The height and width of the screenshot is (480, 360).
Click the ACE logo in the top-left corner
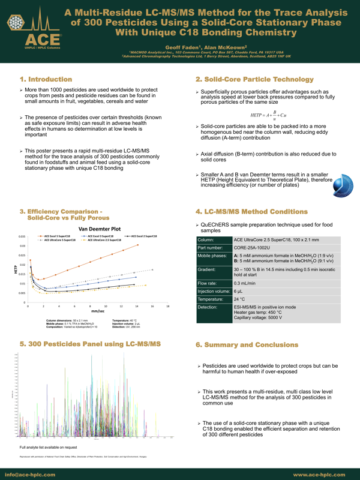tap(34, 31)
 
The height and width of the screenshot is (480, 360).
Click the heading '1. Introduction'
tap(47, 79)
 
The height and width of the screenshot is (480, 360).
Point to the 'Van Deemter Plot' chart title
tap(100, 229)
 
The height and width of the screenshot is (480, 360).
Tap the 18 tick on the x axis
tap(168, 306)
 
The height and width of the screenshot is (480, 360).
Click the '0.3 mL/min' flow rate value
tap(245, 283)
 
